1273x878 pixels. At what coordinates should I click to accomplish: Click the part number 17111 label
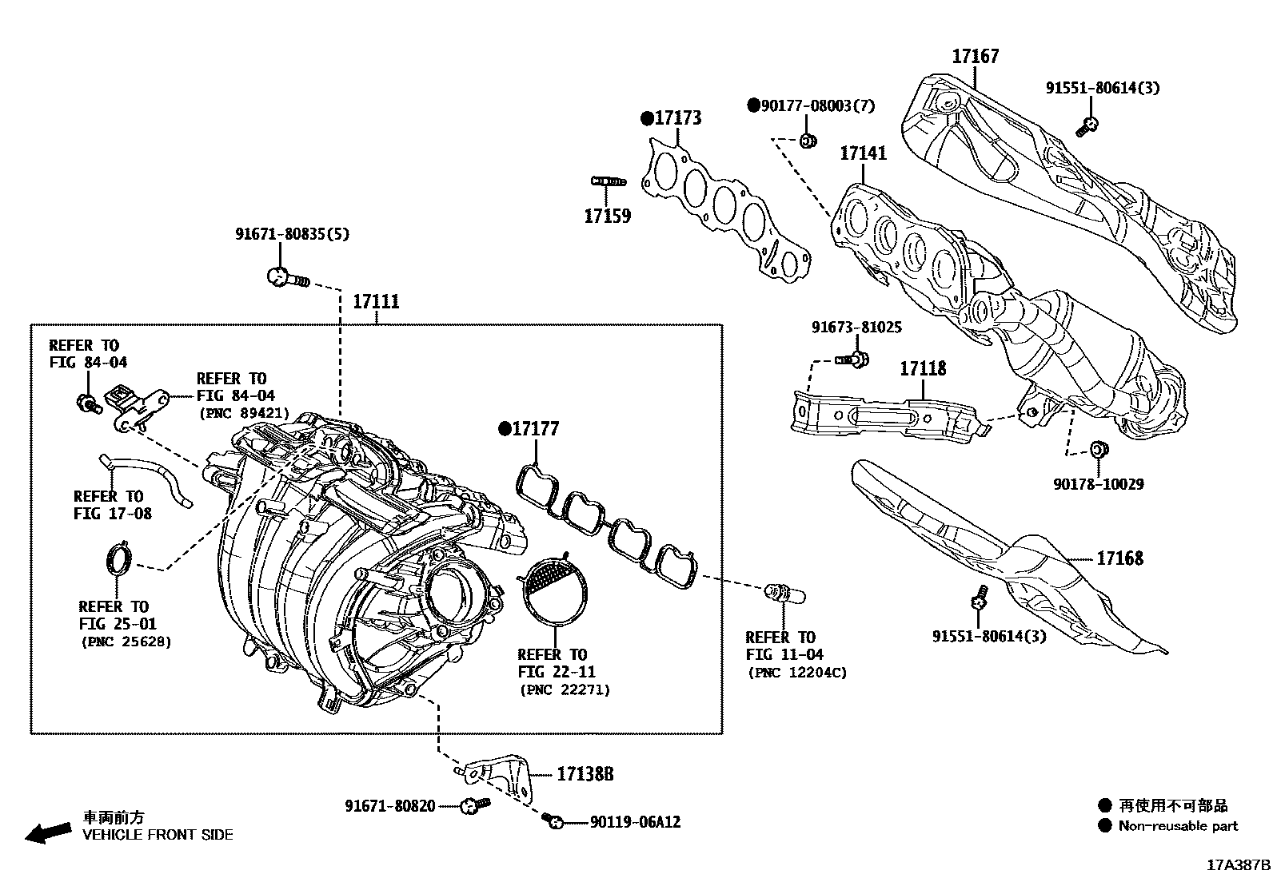376,302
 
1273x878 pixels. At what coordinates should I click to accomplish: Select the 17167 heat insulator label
975,57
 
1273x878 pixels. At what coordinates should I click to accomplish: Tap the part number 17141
863,153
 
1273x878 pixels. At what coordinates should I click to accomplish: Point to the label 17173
677,118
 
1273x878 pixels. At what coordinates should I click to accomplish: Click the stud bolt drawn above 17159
607,181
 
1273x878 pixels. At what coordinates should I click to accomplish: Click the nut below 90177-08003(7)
808,141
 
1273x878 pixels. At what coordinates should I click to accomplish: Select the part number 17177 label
535,429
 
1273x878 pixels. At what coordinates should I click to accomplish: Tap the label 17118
923,368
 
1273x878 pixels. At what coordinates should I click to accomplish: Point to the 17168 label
1119,558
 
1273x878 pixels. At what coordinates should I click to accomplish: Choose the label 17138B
585,774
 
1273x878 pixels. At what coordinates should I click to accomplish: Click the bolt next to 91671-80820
474,805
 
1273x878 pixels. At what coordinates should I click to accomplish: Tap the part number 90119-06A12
636,822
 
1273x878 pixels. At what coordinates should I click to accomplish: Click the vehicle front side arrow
47,832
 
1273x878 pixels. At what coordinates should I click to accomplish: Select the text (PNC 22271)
565,689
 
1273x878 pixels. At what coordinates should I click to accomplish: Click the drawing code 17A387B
1238,865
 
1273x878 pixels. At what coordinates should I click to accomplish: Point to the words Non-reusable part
1178,827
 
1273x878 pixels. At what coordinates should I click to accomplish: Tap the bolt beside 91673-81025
853,360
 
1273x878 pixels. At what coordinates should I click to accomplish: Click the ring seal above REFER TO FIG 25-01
119,558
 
